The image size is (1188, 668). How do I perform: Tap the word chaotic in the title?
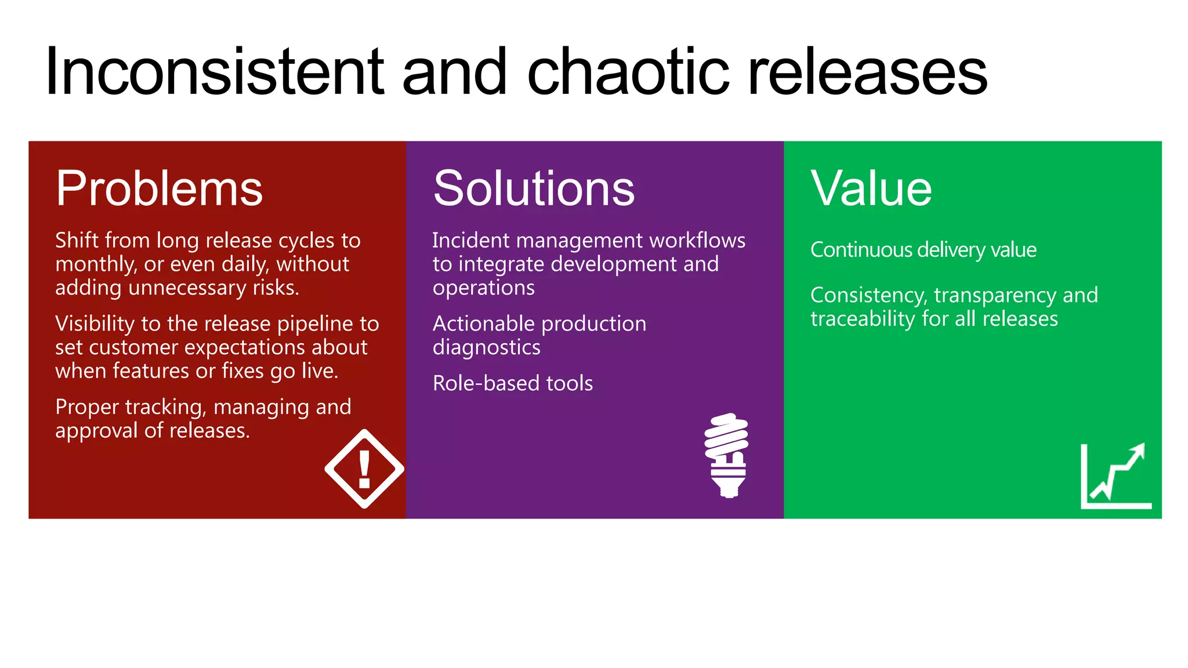click(x=628, y=72)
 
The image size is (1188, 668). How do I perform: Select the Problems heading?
click(x=159, y=188)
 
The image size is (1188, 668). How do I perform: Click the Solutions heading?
click(x=534, y=188)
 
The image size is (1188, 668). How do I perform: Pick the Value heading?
click(x=871, y=188)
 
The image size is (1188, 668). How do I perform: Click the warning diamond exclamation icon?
click(x=364, y=469)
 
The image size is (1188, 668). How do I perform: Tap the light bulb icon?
click(x=727, y=455)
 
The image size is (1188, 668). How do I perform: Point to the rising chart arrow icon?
click(x=1116, y=477)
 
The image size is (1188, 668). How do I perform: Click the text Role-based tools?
click(x=513, y=383)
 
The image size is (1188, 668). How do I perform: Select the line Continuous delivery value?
click(x=923, y=250)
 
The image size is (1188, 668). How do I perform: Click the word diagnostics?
click(x=486, y=347)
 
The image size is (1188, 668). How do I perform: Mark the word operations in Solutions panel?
click(x=483, y=288)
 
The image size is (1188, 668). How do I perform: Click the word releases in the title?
click(x=868, y=72)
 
